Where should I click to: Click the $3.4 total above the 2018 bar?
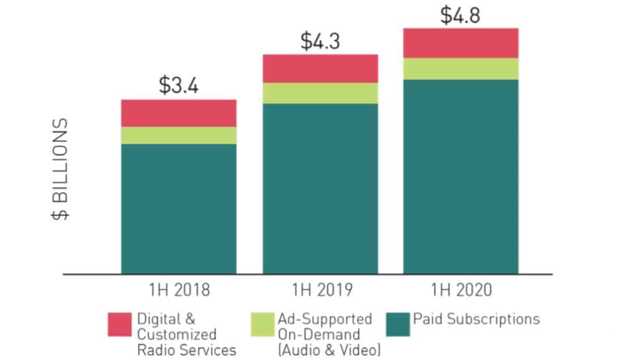click(178, 85)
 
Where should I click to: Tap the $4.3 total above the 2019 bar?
click(321, 41)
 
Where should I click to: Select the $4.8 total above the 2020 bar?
click(460, 15)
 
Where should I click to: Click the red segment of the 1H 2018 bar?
click(178, 113)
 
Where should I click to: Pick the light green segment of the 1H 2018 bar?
click(178, 136)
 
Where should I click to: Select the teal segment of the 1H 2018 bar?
click(178, 209)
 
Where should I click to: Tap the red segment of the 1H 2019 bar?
click(320, 68)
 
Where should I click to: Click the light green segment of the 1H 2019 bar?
click(320, 93)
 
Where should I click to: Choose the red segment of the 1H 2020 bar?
click(460, 43)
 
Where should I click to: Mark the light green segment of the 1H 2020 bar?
click(460, 69)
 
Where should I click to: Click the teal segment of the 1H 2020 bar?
click(460, 177)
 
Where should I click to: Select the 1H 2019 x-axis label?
click(321, 290)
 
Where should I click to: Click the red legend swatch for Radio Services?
click(119, 324)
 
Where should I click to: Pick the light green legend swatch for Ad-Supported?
click(263, 324)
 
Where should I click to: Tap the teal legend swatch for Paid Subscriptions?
click(396, 324)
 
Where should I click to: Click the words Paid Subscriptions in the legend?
click(476, 320)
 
